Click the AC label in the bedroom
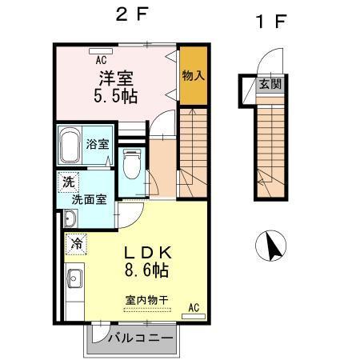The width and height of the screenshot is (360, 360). pos(102,60)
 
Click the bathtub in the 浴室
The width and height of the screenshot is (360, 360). pos(70,146)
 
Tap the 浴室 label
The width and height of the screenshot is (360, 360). pos(98,145)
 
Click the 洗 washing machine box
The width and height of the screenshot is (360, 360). pos(67,182)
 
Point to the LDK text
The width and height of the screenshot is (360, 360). pos(146,252)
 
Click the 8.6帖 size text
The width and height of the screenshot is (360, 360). pos(146,270)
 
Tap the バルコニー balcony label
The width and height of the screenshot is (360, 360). pos(139,338)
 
